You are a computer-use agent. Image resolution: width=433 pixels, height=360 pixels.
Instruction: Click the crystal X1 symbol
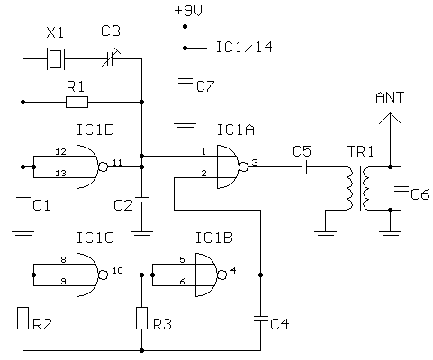point(55,58)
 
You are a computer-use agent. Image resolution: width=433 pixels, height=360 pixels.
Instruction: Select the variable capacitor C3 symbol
point(111,58)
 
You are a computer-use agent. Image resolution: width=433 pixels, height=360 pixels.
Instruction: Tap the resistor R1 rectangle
point(77,102)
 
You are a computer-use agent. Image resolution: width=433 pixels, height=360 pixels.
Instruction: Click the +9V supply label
point(188,11)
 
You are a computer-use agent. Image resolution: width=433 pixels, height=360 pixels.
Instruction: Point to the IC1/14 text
point(244,47)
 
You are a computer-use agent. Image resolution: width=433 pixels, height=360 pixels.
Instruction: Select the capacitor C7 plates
point(185,81)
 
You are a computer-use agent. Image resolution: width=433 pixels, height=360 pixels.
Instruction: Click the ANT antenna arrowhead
point(390,118)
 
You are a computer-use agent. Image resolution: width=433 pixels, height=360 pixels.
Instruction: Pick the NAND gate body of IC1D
point(87,166)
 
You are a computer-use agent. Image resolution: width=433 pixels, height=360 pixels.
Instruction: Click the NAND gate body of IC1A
point(228,166)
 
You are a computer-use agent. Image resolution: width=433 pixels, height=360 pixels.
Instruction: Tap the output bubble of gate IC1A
point(243,166)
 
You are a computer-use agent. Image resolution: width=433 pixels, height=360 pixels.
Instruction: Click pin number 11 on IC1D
point(117,162)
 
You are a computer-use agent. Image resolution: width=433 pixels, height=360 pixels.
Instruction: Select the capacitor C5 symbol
point(304,166)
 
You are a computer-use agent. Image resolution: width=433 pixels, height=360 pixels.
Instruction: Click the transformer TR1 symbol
point(357,188)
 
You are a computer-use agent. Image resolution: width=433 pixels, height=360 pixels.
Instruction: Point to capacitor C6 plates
point(401,189)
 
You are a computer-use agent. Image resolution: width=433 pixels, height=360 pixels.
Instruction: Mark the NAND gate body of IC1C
point(87,274)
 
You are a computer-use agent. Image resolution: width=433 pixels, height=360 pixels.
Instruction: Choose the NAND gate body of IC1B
point(206,274)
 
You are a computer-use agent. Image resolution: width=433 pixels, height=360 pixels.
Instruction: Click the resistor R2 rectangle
point(23,318)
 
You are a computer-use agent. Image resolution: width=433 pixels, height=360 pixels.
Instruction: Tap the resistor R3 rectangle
point(141,318)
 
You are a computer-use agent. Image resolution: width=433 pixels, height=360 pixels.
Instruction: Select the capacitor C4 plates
point(260,319)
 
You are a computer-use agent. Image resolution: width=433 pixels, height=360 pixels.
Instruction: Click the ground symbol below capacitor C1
point(23,235)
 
